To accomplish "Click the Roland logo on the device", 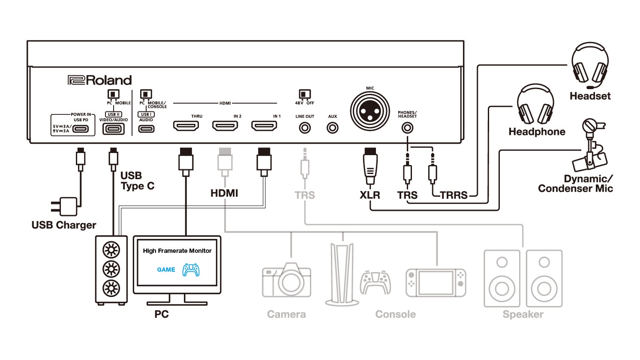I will (x=100, y=80).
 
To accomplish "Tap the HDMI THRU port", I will (x=186, y=126).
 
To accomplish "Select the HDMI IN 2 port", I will (x=225, y=126).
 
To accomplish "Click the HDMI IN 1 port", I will (x=264, y=126).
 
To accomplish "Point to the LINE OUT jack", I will (x=305, y=128).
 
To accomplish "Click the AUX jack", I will (x=333, y=128).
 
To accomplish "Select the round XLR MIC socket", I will (x=370, y=111).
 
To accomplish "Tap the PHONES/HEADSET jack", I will (x=407, y=128).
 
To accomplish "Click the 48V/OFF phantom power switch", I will (x=304, y=94).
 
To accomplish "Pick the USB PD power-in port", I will (x=81, y=129).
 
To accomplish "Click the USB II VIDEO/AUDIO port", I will (x=114, y=129).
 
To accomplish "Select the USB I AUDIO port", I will (x=146, y=129).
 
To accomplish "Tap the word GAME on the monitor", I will (x=166, y=270).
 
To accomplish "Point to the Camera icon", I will (x=286, y=281).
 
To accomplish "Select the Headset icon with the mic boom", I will (x=590, y=63).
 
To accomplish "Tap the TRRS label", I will (x=454, y=195).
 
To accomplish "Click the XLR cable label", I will (x=370, y=195).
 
